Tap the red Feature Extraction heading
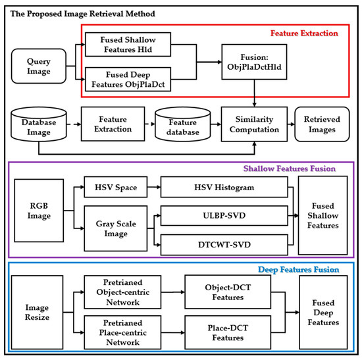click(305, 32)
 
